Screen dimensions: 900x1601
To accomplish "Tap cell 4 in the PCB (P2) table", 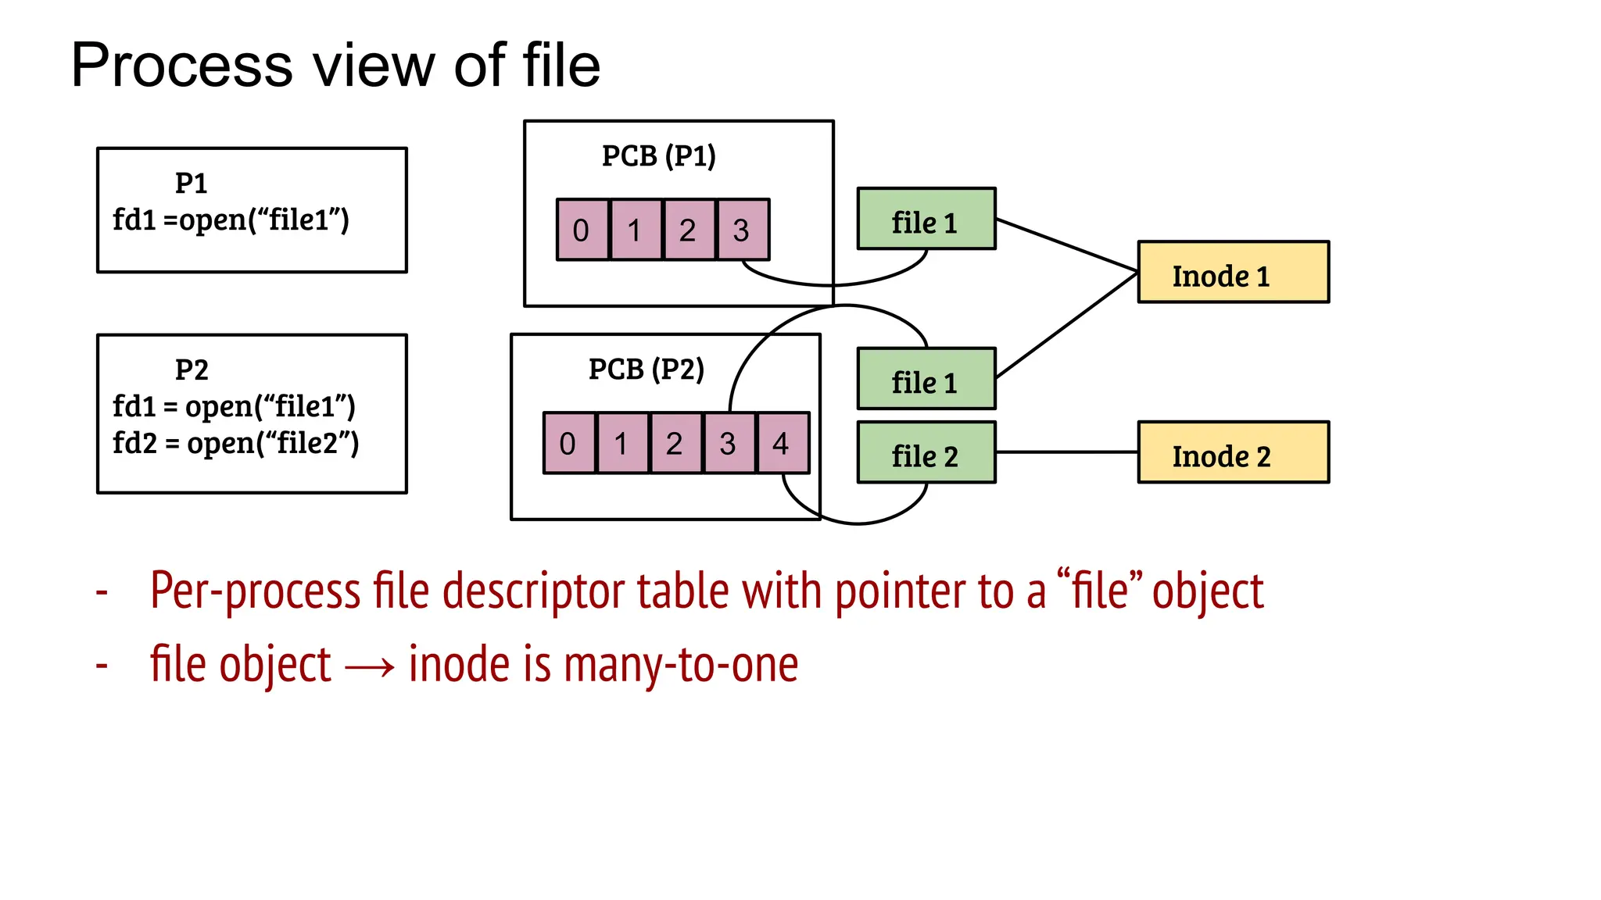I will pos(783,443).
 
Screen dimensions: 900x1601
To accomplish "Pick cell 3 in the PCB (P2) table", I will pos(729,443).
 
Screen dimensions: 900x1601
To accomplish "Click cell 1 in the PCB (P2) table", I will pos(622,443).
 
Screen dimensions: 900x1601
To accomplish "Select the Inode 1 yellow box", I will pos(1233,272).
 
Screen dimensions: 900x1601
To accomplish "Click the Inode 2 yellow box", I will pos(1233,452).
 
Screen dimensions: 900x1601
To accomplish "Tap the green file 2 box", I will pos(926,452).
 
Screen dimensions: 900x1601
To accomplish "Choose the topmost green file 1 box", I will pos(926,219).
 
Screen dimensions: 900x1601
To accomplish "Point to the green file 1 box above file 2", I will pos(926,379).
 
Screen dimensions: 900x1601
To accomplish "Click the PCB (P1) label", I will pos(658,156).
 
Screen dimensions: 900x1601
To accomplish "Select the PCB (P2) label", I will pos(646,369).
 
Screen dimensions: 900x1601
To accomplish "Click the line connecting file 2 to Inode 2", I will pos(1067,452).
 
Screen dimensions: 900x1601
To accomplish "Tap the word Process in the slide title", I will pos(181,66).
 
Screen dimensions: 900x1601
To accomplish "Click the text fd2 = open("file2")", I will pos(235,443).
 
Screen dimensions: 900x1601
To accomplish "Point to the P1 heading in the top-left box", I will pos(192,184).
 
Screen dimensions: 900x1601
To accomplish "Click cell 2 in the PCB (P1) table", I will pos(689,230).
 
